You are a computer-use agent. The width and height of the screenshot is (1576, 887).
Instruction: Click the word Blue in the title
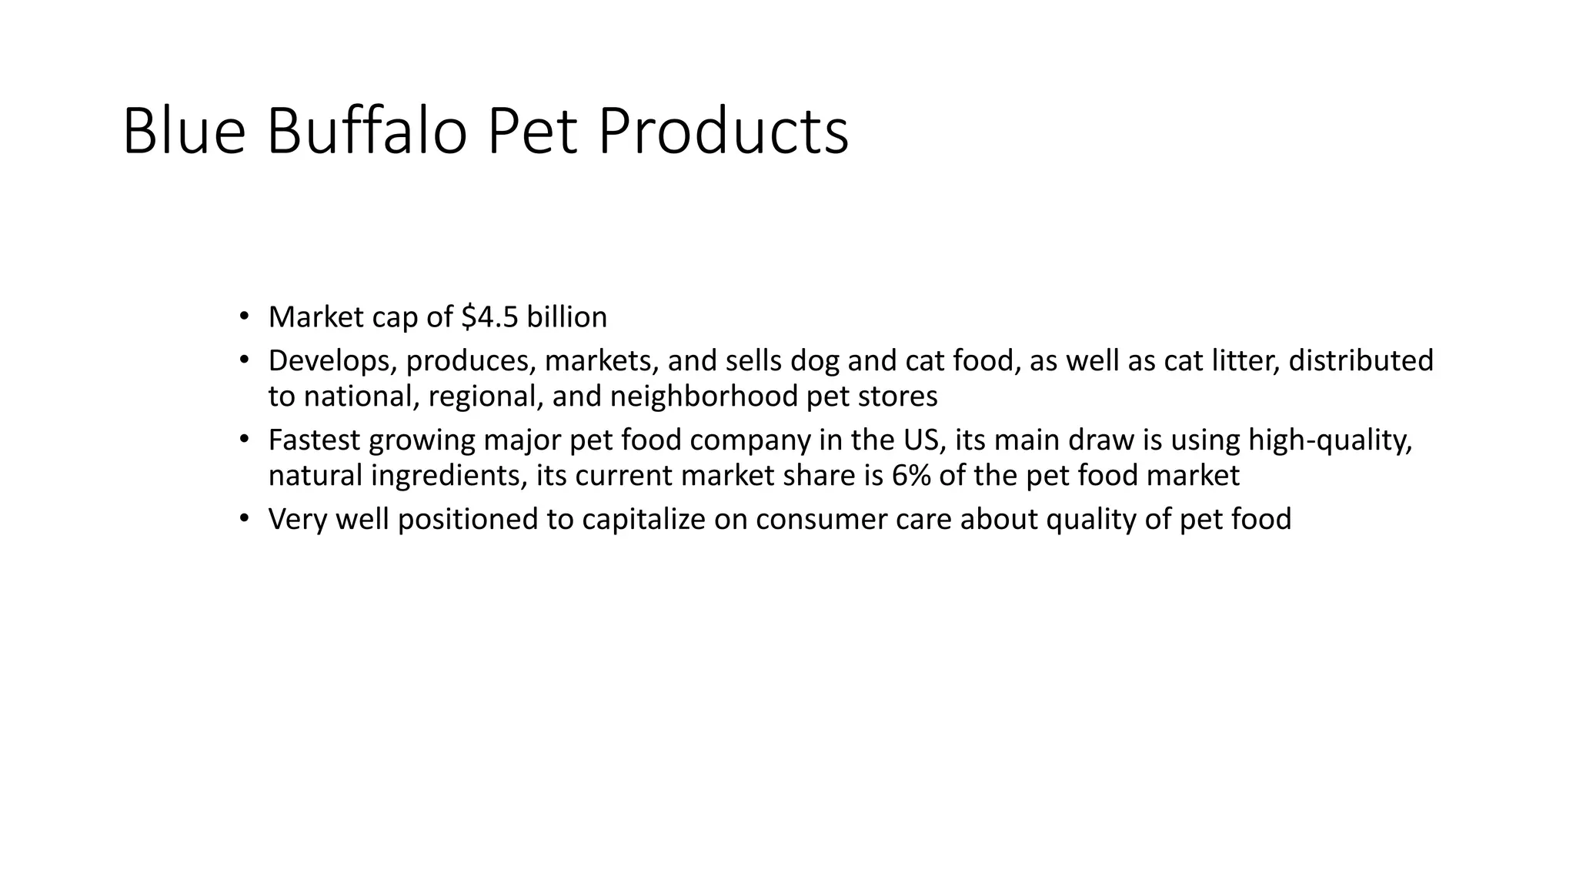coord(184,132)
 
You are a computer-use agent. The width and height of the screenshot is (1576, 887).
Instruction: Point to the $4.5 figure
coord(490,317)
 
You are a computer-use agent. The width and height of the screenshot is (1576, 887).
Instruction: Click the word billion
coord(566,317)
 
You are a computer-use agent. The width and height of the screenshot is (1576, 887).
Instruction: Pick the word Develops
coord(332,361)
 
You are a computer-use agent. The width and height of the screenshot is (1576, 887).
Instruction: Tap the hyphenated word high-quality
coord(1330,440)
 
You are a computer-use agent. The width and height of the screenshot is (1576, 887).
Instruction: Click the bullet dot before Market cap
coord(244,316)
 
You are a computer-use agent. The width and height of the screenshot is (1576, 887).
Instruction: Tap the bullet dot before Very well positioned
coord(244,518)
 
